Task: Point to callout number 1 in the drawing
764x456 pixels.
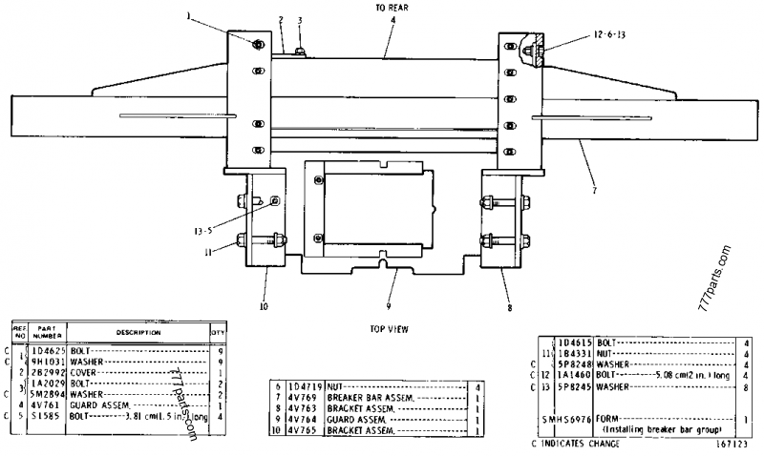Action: tap(216, 15)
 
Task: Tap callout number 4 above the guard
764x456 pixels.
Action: tap(392, 19)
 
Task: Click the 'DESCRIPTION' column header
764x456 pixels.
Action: tap(138, 332)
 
